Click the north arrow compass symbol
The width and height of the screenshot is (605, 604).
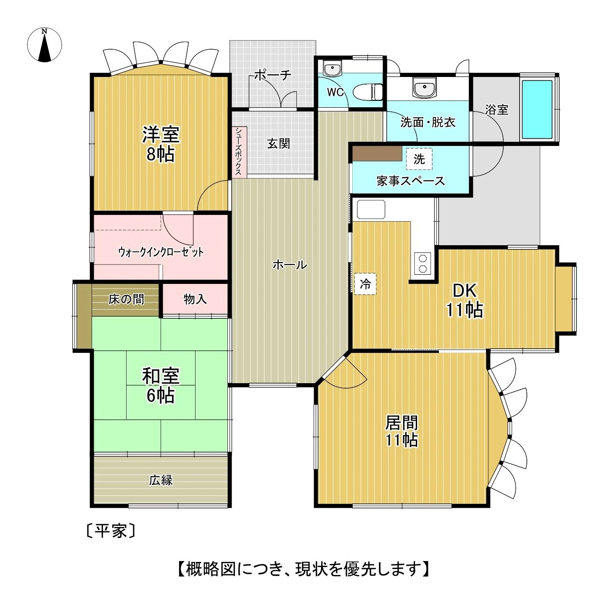(44, 45)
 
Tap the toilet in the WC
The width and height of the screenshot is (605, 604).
(367, 92)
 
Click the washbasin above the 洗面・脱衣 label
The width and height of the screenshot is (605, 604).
(425, 87)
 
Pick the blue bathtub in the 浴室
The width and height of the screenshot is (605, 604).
(537, 109)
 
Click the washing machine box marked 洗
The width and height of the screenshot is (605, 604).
(419, 159)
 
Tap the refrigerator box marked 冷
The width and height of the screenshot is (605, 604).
(365, 284)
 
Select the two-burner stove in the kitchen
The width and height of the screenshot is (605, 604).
(422, 263)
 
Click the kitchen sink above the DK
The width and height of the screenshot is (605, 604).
(371, 209)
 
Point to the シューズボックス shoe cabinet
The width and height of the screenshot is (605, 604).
(239, 152)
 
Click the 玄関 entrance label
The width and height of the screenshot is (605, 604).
(278, 143)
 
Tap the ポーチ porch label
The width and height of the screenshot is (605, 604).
(272, 75)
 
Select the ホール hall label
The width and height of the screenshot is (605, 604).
(290, 265)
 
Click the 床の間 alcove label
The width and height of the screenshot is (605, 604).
(126, 299)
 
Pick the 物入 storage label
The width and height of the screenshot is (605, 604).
(195, 299)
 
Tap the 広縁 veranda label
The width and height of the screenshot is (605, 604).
(161, 480)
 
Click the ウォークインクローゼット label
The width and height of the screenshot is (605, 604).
(161, 252)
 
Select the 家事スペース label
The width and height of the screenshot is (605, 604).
(411, 181)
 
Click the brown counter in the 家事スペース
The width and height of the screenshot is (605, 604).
(377, 154)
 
